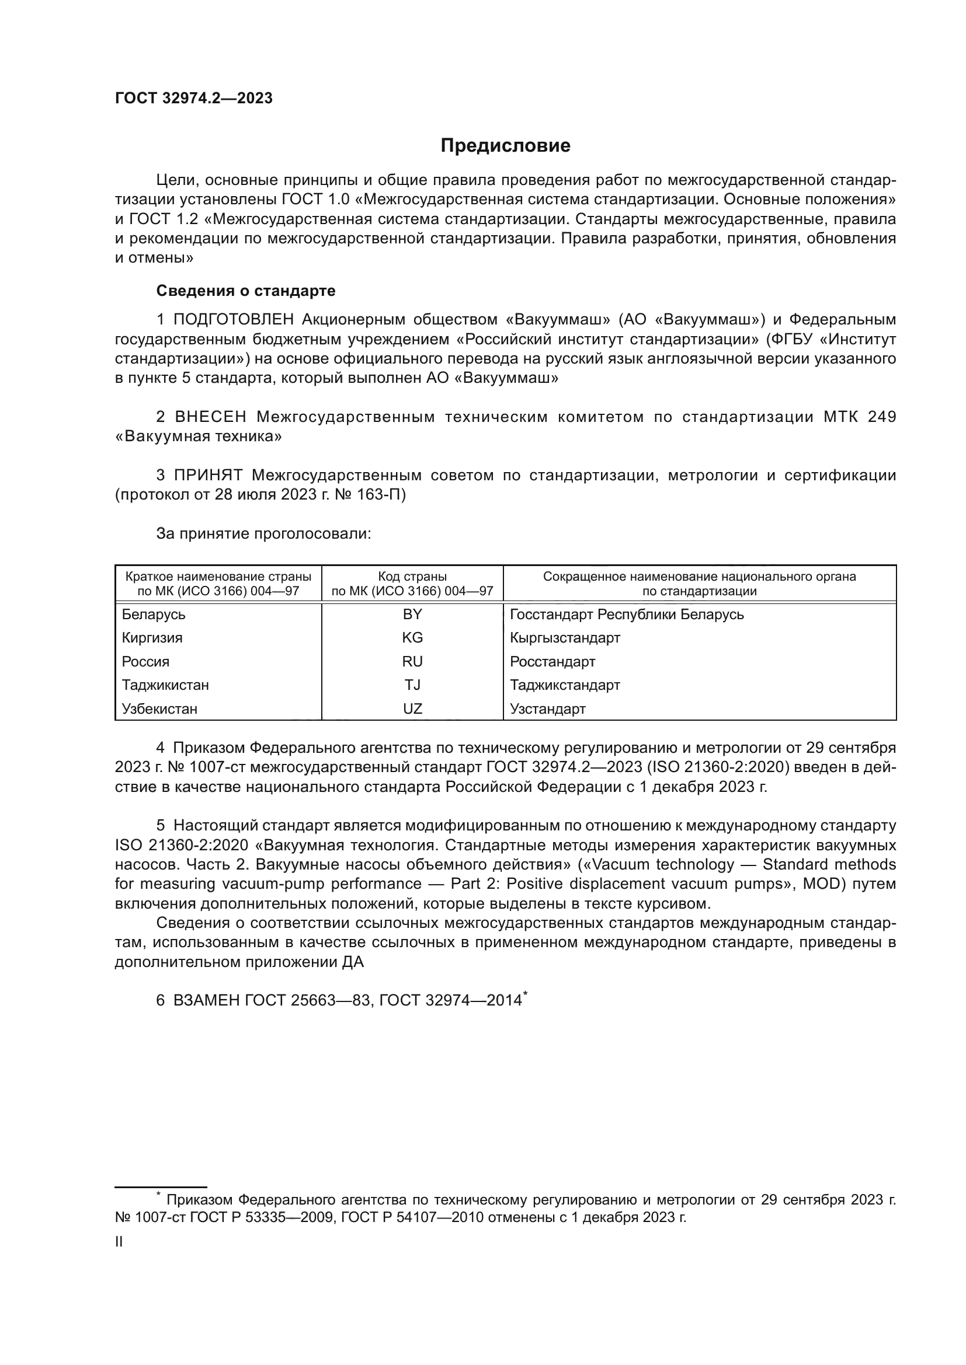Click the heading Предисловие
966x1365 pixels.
pos(505,146)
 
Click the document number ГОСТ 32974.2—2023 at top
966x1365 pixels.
pos(194,98)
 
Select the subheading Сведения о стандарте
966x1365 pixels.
pos(246,291)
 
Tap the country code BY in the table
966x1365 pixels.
pos(412,614)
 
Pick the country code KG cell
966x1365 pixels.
pos(412,638)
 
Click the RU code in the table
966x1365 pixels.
pos(412,662)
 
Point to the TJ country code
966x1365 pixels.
pos(412,685)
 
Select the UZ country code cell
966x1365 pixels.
pos(412,708)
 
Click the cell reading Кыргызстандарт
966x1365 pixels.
pos(565,638)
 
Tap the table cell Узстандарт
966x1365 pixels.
pos(547,708)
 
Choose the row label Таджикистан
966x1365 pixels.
pos(165,685)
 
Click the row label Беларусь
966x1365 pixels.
pos(154,614)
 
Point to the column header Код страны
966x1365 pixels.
pos(412,576)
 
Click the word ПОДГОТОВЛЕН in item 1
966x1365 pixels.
pos(234,320)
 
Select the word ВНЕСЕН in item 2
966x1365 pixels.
pos(211,417)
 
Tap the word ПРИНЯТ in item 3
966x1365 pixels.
pos(208,475)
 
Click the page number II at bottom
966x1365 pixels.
pos(119,1242)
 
